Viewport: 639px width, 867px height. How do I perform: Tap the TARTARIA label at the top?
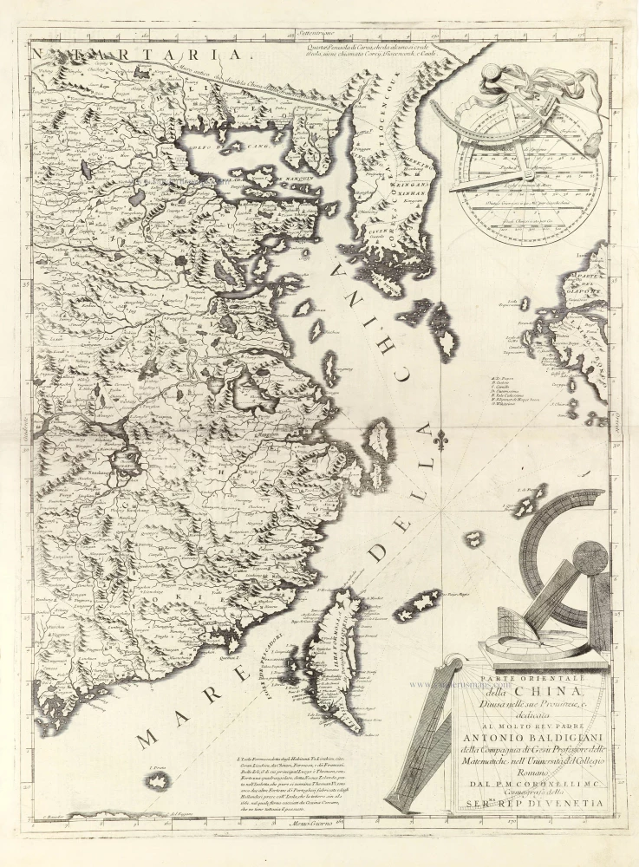click(139, 55)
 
